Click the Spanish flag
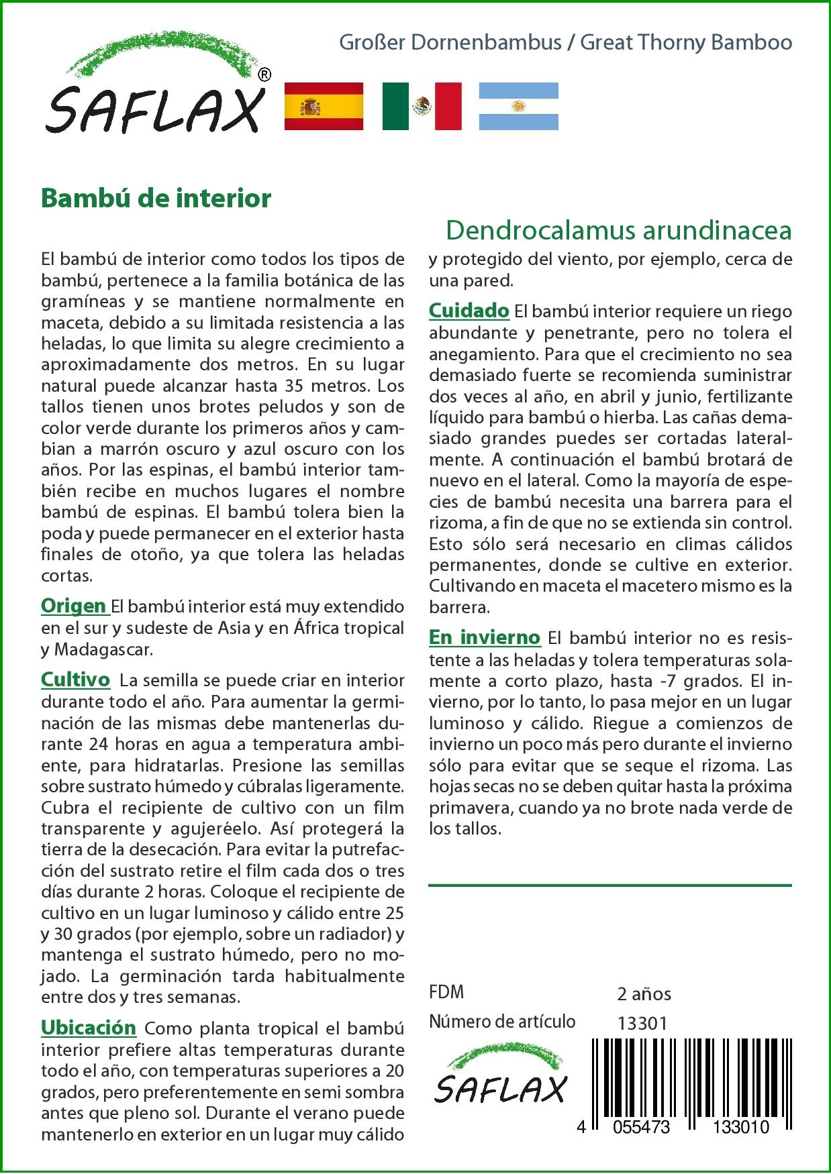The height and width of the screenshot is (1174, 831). [x=324, y=106]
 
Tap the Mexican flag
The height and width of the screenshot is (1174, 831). [x=422, y=106]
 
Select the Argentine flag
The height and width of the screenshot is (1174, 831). [x=518, y=106]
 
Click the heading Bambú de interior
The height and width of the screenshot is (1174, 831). [x=156, y=199]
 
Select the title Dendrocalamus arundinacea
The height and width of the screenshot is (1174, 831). [x=618, y=230]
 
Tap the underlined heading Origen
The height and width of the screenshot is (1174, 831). [x=74, y=606]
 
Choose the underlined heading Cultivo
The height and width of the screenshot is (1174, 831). [x=75, y=680]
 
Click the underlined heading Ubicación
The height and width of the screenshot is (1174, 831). [x=89, y=1028]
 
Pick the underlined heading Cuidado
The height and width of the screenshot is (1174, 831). [x=469, y=311]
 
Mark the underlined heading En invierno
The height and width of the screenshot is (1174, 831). [x=485, y=637]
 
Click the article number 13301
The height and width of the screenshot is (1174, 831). [x=642, y=1023]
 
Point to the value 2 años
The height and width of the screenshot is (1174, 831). [x=644, y=994]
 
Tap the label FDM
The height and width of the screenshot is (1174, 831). [x=446, y=992]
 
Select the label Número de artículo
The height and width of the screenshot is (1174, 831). [x=502, y=1022]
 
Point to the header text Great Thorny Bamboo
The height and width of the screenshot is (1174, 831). [x=686, y=43]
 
